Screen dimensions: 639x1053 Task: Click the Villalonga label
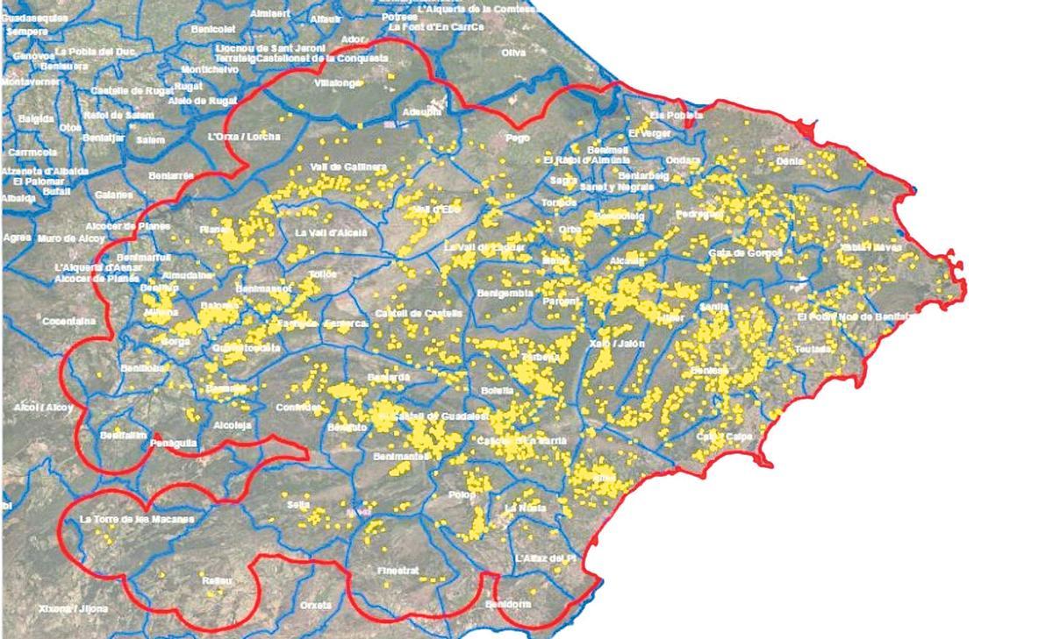[337, 83]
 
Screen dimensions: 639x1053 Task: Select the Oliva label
[512, 53]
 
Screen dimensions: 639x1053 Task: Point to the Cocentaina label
[69, 322]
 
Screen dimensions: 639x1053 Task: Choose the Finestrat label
[398, 571]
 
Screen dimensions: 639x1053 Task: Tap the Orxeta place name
[316, 605]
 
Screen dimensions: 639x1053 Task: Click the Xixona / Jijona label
[74, 607]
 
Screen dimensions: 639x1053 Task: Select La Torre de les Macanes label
[136, 519]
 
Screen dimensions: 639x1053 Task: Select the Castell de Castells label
[412, 313]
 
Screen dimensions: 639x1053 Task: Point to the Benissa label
[710, 371]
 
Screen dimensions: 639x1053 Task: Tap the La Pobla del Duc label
[97, 53]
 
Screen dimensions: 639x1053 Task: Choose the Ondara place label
[684, 160]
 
